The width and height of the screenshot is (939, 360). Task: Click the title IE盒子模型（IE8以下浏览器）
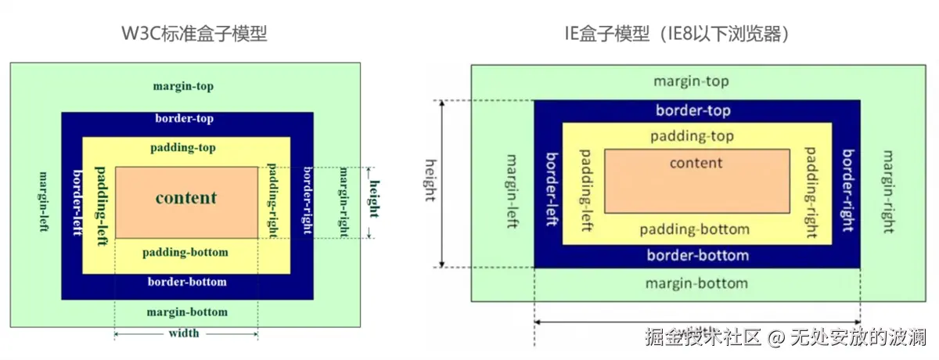pyautogui.click(x=676, y=34)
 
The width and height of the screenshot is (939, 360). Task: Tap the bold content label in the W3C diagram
pyautogui.click(x=185, y=197)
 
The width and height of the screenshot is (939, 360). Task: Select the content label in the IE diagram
pyautogui.click(x=696, y=163)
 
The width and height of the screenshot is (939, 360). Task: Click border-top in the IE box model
pyautogui.click(x=693, y=110)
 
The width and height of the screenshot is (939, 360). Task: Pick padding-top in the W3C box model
pyautogui.click(x=183, y=147)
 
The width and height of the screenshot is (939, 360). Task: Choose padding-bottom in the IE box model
pyautogui.click(x=694, y=229)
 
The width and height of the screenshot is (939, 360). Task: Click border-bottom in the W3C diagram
pyautogui.click(x=187, y=282)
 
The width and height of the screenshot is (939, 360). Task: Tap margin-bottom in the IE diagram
pyautogui.click(x=696, y=283)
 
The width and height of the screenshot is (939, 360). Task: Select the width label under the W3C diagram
pyautogui.click(x=184, y=333)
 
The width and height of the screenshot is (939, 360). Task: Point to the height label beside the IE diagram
pyautogui.click(x=430, y=181)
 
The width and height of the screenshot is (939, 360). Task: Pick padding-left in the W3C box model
pyautogui.click(x=100, y=205)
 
